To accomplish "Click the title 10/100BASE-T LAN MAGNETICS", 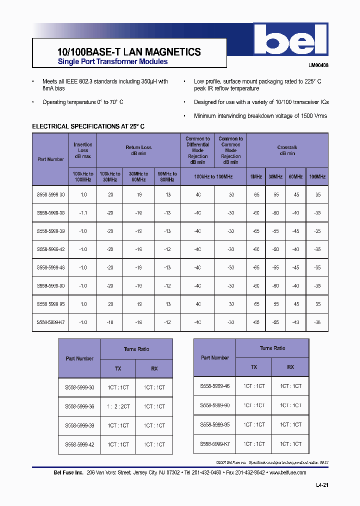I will (x=126, y=52).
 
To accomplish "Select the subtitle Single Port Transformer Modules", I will (x=112, y=62).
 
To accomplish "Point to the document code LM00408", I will (x=318, y=65).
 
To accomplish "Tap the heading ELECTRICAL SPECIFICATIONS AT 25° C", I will (x=88, y=126).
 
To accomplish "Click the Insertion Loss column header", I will (x=83, y=150).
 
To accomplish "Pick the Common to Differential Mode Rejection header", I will (x=197, y=150).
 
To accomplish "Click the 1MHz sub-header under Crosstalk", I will (x=255, y=176).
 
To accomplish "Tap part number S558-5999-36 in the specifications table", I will (x=50, y=213).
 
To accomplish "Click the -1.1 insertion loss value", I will (x=83, y=213).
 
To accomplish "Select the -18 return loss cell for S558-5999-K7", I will (x=110, y=322).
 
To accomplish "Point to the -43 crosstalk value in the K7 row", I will (x=295, y=322).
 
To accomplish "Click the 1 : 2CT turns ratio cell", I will (x=118, y=406).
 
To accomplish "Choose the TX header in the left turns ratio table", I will (x=118, y=368).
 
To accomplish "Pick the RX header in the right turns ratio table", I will (x=290, y=367).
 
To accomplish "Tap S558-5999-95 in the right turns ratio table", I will (x=215, y=424).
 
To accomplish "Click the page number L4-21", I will (x=322, y=485).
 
